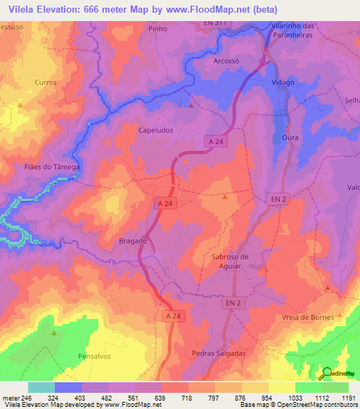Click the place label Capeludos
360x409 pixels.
click(x=155, y=130)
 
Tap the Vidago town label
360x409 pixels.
click(x=283, y=82)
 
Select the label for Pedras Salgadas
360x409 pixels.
click(x=219, y=353)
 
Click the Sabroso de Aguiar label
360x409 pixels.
click(x=231, y=261)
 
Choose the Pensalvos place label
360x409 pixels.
click(x=95, y=356)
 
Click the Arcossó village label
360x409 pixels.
click(x=226, y=61)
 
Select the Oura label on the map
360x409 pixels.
click(x=290, y=138)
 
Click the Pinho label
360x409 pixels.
click(x=158, y=30)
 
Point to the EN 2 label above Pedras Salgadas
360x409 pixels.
click(x=234, y=303)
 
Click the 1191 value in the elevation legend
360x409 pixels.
click(x=349, y=398)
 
